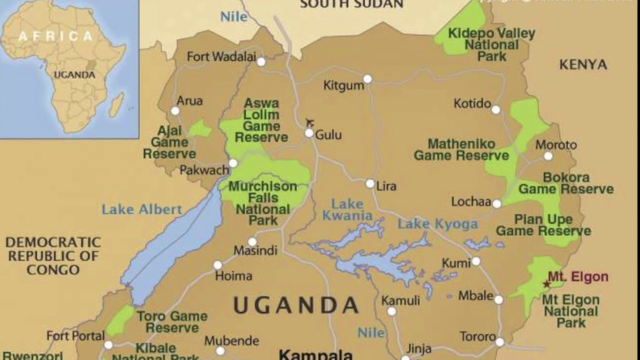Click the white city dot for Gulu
[309, 133]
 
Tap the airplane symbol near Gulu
[310, 122]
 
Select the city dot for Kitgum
[367, 79]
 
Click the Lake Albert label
[141, 209]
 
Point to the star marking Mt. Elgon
[546, 284]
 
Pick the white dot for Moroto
[548, 156]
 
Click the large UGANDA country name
[296, 305]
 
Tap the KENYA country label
[583, 64]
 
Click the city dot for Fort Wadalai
[261, 61]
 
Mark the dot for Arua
[175, 111]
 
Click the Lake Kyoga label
[437, 224]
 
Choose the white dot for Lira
[370, 184]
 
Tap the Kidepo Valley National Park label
[491, 45]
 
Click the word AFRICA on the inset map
[56, 36]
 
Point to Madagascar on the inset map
[116, 105]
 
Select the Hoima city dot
[218, 265]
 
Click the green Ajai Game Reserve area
[200, 129]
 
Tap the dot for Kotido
[495, 110]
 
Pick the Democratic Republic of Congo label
[53, 256]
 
